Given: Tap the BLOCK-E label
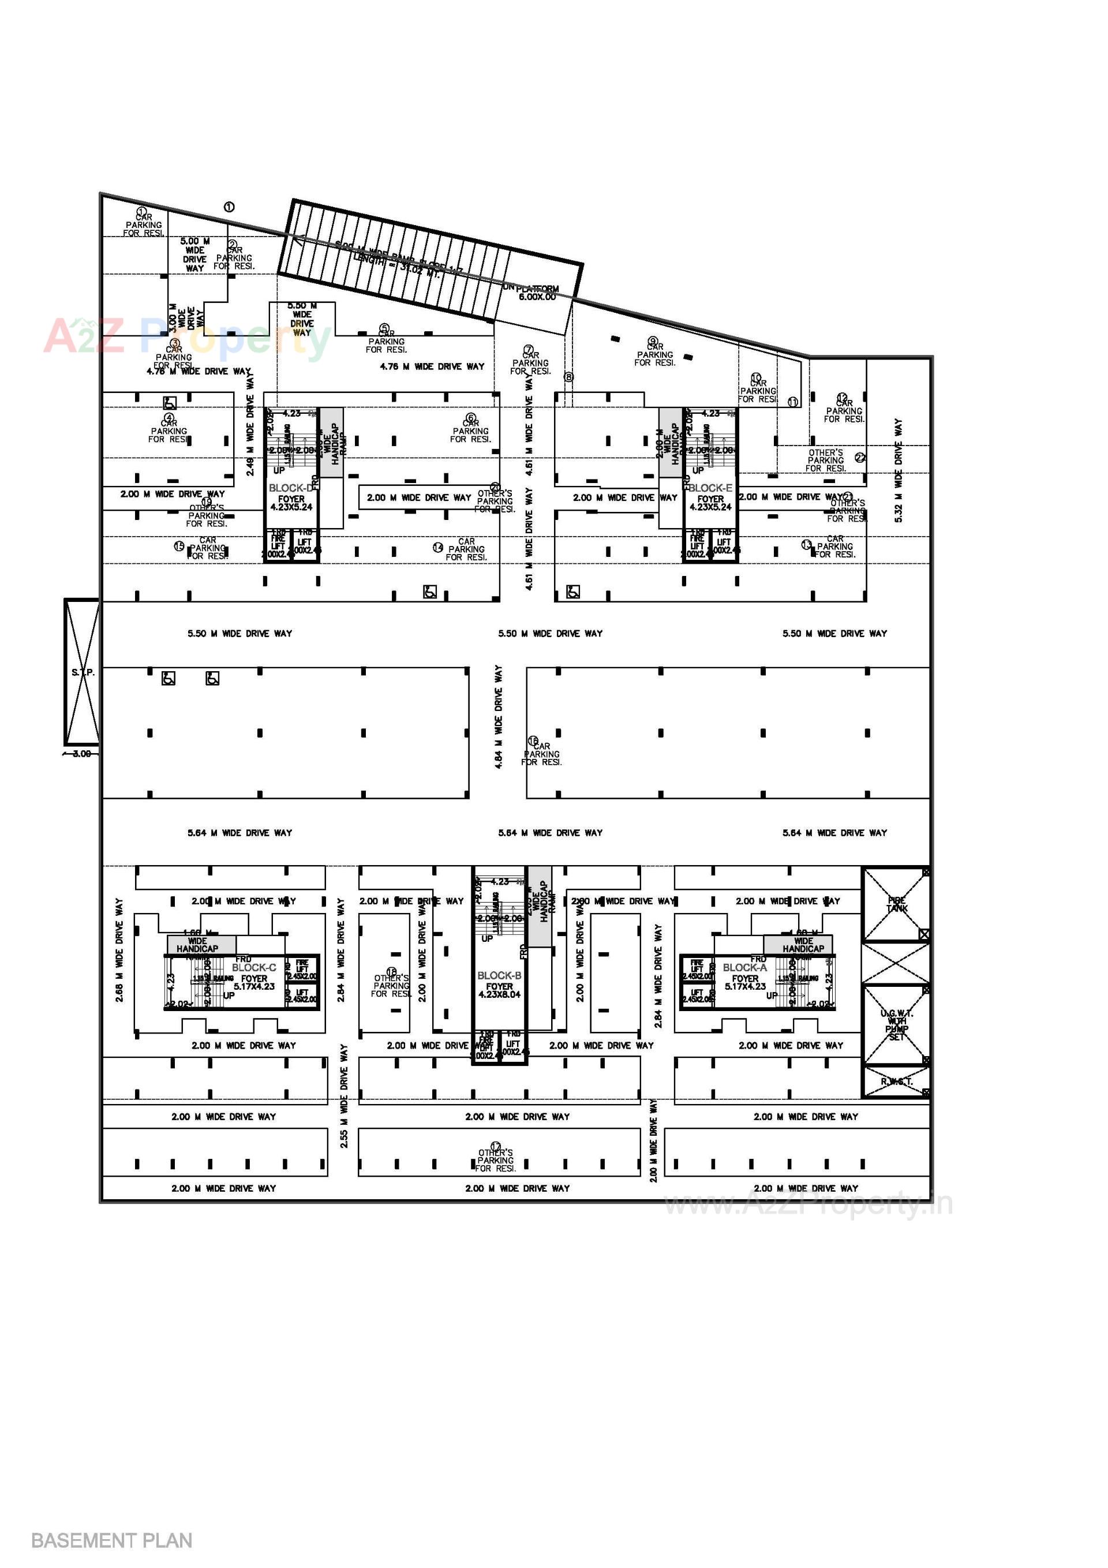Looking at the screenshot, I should point(710,488).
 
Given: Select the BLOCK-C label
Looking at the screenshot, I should point(254,968).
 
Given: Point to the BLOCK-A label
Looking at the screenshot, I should point(744,968).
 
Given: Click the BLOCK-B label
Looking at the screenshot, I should point(499,976).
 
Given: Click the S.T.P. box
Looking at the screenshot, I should point(82,673).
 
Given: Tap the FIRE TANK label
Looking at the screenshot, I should point(896,904).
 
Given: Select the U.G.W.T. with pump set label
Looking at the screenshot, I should point(896,1024).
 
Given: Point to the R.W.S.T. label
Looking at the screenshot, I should point(896,1081).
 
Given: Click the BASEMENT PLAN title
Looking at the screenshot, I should point(111,1541).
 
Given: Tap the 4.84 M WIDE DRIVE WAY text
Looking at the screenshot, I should point(499,717).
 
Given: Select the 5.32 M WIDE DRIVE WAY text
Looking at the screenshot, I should point(899,471).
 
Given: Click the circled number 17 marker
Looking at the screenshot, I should point(496,1147).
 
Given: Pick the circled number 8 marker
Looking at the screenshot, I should point(568,377).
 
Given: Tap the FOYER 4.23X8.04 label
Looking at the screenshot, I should point(499,990).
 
